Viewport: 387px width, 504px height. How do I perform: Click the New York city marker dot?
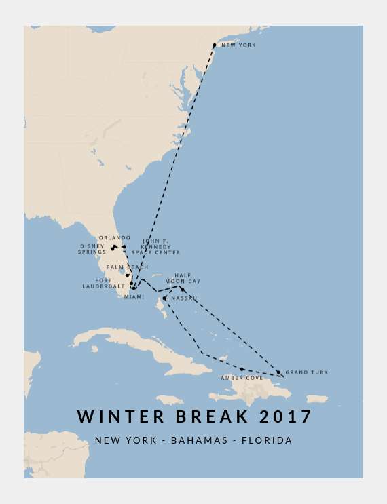tap(215, 45)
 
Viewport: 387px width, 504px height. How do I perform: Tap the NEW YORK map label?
tap(239, 45)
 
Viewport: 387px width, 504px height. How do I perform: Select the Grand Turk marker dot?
tap(278, 372)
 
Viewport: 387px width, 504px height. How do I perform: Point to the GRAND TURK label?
tap(306, 372)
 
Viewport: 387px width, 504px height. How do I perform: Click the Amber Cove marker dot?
tap(242, 369)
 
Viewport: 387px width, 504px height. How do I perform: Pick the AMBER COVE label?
tap(242, 378)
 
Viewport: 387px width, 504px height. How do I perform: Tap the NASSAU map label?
tap(184, 298)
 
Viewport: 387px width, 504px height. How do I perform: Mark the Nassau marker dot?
tap(165, 298)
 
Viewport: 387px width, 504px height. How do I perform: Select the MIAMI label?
tap(134, 297)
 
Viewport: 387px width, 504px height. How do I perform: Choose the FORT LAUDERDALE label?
tap(105, 284)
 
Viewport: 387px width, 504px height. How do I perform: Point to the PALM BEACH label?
tap(128, 267)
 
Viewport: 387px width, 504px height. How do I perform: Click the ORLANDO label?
tap(114, 238)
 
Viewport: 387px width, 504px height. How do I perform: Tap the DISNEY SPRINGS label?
tap(92, 249)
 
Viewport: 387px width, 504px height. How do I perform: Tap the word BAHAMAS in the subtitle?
tap(199, 441)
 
